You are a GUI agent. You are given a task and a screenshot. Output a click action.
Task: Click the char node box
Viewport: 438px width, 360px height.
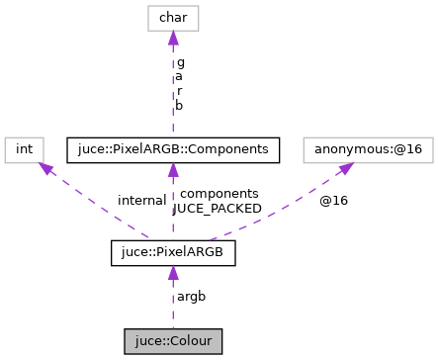173,17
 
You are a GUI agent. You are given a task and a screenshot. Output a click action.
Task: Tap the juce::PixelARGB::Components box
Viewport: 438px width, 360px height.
173,149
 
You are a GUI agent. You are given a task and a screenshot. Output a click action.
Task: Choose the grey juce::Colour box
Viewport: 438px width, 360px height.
173,341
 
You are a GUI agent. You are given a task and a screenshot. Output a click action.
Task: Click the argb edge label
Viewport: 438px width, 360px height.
191,297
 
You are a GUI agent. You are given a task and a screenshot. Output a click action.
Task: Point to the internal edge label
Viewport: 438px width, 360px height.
141,200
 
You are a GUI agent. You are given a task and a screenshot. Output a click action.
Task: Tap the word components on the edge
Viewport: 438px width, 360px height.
219,194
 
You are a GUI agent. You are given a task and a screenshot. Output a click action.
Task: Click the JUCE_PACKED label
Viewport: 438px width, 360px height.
218,209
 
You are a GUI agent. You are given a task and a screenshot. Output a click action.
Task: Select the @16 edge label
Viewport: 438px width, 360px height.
332,201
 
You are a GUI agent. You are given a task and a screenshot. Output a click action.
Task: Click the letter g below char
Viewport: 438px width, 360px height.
180,61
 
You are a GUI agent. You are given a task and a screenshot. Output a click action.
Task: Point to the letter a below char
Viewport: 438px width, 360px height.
180,75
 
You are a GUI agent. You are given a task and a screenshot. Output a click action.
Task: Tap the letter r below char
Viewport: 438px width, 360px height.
180,89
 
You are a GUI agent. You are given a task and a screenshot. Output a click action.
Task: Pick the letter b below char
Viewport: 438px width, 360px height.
180,104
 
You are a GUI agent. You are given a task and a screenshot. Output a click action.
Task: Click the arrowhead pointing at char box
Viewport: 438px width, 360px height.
173,39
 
